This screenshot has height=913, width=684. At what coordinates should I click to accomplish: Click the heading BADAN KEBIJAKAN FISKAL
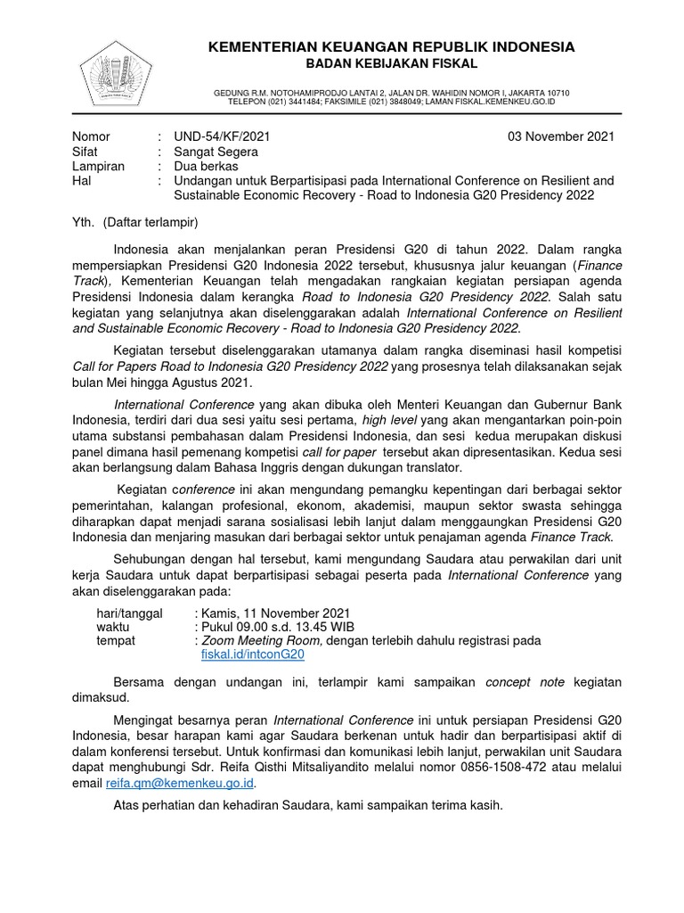[391, 64]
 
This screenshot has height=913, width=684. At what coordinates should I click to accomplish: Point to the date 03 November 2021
[560, 137]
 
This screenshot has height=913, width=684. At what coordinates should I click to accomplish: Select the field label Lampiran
[98, 166]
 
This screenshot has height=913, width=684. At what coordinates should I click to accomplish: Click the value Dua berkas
[203, 166]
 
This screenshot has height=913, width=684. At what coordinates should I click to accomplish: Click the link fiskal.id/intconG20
[254, 654]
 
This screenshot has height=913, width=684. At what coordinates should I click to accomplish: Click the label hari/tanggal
[129, 613]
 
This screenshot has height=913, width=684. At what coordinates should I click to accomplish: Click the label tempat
[116, 640]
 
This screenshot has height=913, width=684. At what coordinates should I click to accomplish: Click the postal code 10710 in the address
[555, 93]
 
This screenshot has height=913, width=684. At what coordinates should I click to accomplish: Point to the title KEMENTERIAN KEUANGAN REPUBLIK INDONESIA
[391, 46]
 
